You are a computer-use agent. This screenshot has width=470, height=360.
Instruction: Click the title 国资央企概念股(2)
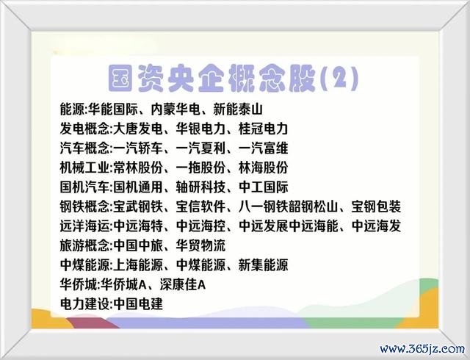(233, 79)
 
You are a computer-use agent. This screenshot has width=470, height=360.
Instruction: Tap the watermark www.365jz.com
(422, 349)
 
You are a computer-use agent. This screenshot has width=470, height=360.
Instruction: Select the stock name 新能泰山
(238, 109)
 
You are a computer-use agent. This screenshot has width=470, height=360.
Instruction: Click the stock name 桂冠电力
(263, 129)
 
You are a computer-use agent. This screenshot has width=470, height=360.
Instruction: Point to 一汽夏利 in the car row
(200, 148)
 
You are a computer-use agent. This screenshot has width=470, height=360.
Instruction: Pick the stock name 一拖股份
(200, 168)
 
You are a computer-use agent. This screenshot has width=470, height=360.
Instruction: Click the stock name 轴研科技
(200, 187)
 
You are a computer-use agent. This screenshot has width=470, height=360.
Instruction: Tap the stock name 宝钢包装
(376, 206)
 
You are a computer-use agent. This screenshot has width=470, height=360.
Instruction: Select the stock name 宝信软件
(200, 206)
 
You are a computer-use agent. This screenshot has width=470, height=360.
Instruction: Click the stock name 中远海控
(200, 226)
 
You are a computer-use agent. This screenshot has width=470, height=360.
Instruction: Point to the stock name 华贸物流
(200, 245)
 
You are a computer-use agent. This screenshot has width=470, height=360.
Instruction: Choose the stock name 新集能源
(263, 265)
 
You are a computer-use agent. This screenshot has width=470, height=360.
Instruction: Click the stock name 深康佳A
(183, 285)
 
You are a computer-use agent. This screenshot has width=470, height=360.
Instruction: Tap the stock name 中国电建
(138, 304)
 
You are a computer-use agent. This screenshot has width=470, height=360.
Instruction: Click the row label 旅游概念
(84, 245)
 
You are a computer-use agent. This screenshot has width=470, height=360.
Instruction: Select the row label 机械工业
(84, 168)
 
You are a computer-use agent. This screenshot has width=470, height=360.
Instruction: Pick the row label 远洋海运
(84, 226)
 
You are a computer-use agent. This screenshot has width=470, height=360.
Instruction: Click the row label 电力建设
(84, 304)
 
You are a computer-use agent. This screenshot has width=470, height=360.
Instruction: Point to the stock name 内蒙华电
(176, 109)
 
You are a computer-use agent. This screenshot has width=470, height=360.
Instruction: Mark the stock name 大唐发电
(138, 129)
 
